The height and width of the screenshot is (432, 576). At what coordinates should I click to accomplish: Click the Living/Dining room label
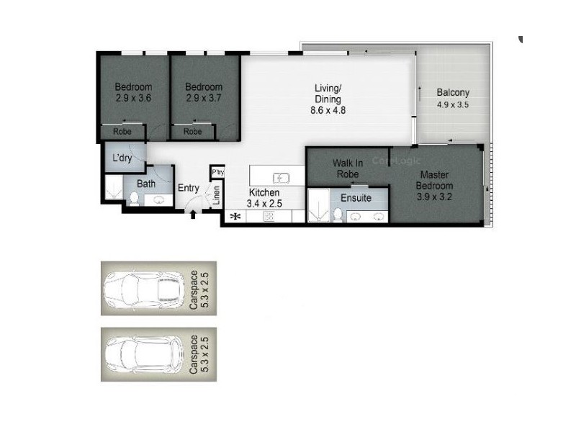(x=328, y=99)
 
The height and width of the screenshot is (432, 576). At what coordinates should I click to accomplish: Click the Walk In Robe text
(x=347, y=168)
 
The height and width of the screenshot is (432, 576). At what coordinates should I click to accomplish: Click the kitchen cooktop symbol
(x=267, y=217)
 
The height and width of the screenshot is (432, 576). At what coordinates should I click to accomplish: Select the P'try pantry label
(x=217, y=172)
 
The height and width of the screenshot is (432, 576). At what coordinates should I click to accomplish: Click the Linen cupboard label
(x=216, y=195)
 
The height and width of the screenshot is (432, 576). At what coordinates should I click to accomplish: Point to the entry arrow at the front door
(x=193, y=214)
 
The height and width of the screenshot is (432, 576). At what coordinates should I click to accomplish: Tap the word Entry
(x=189, y=189)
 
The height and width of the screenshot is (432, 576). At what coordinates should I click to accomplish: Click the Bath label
(x=146, y=184)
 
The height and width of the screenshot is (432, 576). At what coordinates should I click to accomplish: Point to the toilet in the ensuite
(x=337, y=215)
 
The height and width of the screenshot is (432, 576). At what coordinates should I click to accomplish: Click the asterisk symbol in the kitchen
(x=234, y=216)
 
